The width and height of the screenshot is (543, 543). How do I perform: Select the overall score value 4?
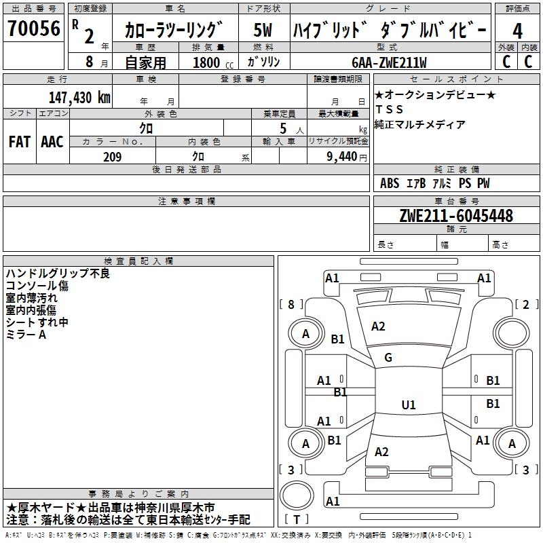(x=517, y=32)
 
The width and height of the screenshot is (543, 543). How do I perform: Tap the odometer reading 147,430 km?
(x=79, y=96)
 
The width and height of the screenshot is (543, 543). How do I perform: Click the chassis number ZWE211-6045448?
(x=456, y=216)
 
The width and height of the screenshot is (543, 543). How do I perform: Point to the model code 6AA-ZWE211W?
(x=390, y=62)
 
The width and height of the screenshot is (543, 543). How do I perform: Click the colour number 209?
(x=111, y=157)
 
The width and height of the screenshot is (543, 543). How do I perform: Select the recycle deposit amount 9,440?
(x=337, y=157)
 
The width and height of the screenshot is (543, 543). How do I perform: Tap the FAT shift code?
(x=19, y=141)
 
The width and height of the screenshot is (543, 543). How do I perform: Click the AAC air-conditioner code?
(x=52, y=141)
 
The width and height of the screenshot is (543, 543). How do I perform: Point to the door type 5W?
(x=263, y=31)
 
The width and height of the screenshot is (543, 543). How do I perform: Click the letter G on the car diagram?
(x=388, y=358)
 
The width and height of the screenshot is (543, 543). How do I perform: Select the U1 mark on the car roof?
(x=408, y=405)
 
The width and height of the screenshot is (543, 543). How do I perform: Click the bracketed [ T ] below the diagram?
(x=296, y=520)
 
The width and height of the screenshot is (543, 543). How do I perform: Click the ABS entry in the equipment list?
(x=390, y=183)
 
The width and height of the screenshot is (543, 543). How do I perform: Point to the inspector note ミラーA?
(x=26, y=335)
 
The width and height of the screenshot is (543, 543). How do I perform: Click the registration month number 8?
(x=90, y=62)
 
